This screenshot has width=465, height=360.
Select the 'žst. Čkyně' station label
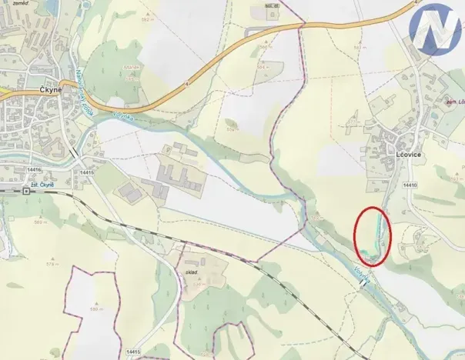[38, 185]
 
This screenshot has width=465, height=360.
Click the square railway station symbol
[26, 191]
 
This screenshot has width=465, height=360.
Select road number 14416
[32, 169]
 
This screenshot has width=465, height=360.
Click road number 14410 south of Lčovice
[409, 185]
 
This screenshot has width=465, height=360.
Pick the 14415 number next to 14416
[85, 172]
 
